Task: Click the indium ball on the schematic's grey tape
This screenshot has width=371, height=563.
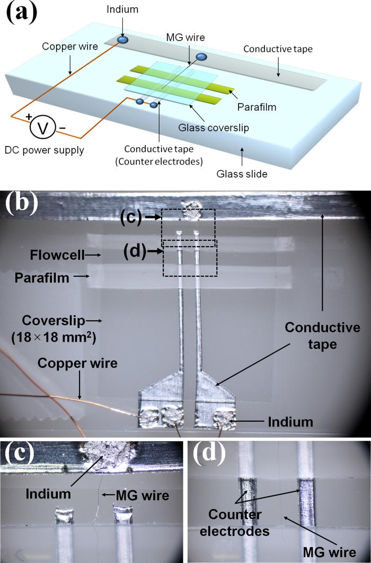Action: click(x=122, y=40)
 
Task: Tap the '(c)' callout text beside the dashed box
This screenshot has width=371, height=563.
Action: click(x=130, y=218)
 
